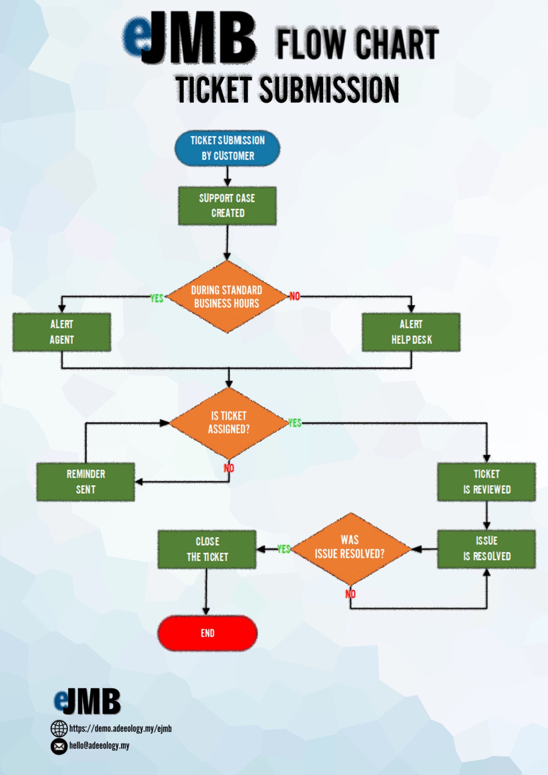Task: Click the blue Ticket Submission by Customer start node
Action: (x=227, y=148)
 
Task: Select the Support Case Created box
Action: (x=227, y=206)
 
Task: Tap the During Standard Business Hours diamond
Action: (x=227, y=297)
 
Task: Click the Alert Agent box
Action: (x=62, y=332)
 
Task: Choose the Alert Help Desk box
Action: (x=411, y=332)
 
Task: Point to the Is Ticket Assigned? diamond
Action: (x=229, y=423)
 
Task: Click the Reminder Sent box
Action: (x=86, y=482)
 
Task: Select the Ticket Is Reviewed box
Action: (x=487, y=482)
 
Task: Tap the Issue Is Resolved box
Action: (x=487, y=549)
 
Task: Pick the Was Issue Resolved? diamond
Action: (x=351, y=549)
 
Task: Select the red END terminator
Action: (x=207, y=633)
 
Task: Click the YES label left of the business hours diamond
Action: (x=157, y=298)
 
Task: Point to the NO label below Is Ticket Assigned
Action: (x=229, y=468)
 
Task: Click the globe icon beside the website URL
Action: (x=59, y=728)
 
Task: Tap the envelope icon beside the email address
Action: (x=59, y=746)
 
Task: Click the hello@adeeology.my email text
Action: (x=99, y=745)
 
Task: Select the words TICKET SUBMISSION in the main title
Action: (x=287, y=89)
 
